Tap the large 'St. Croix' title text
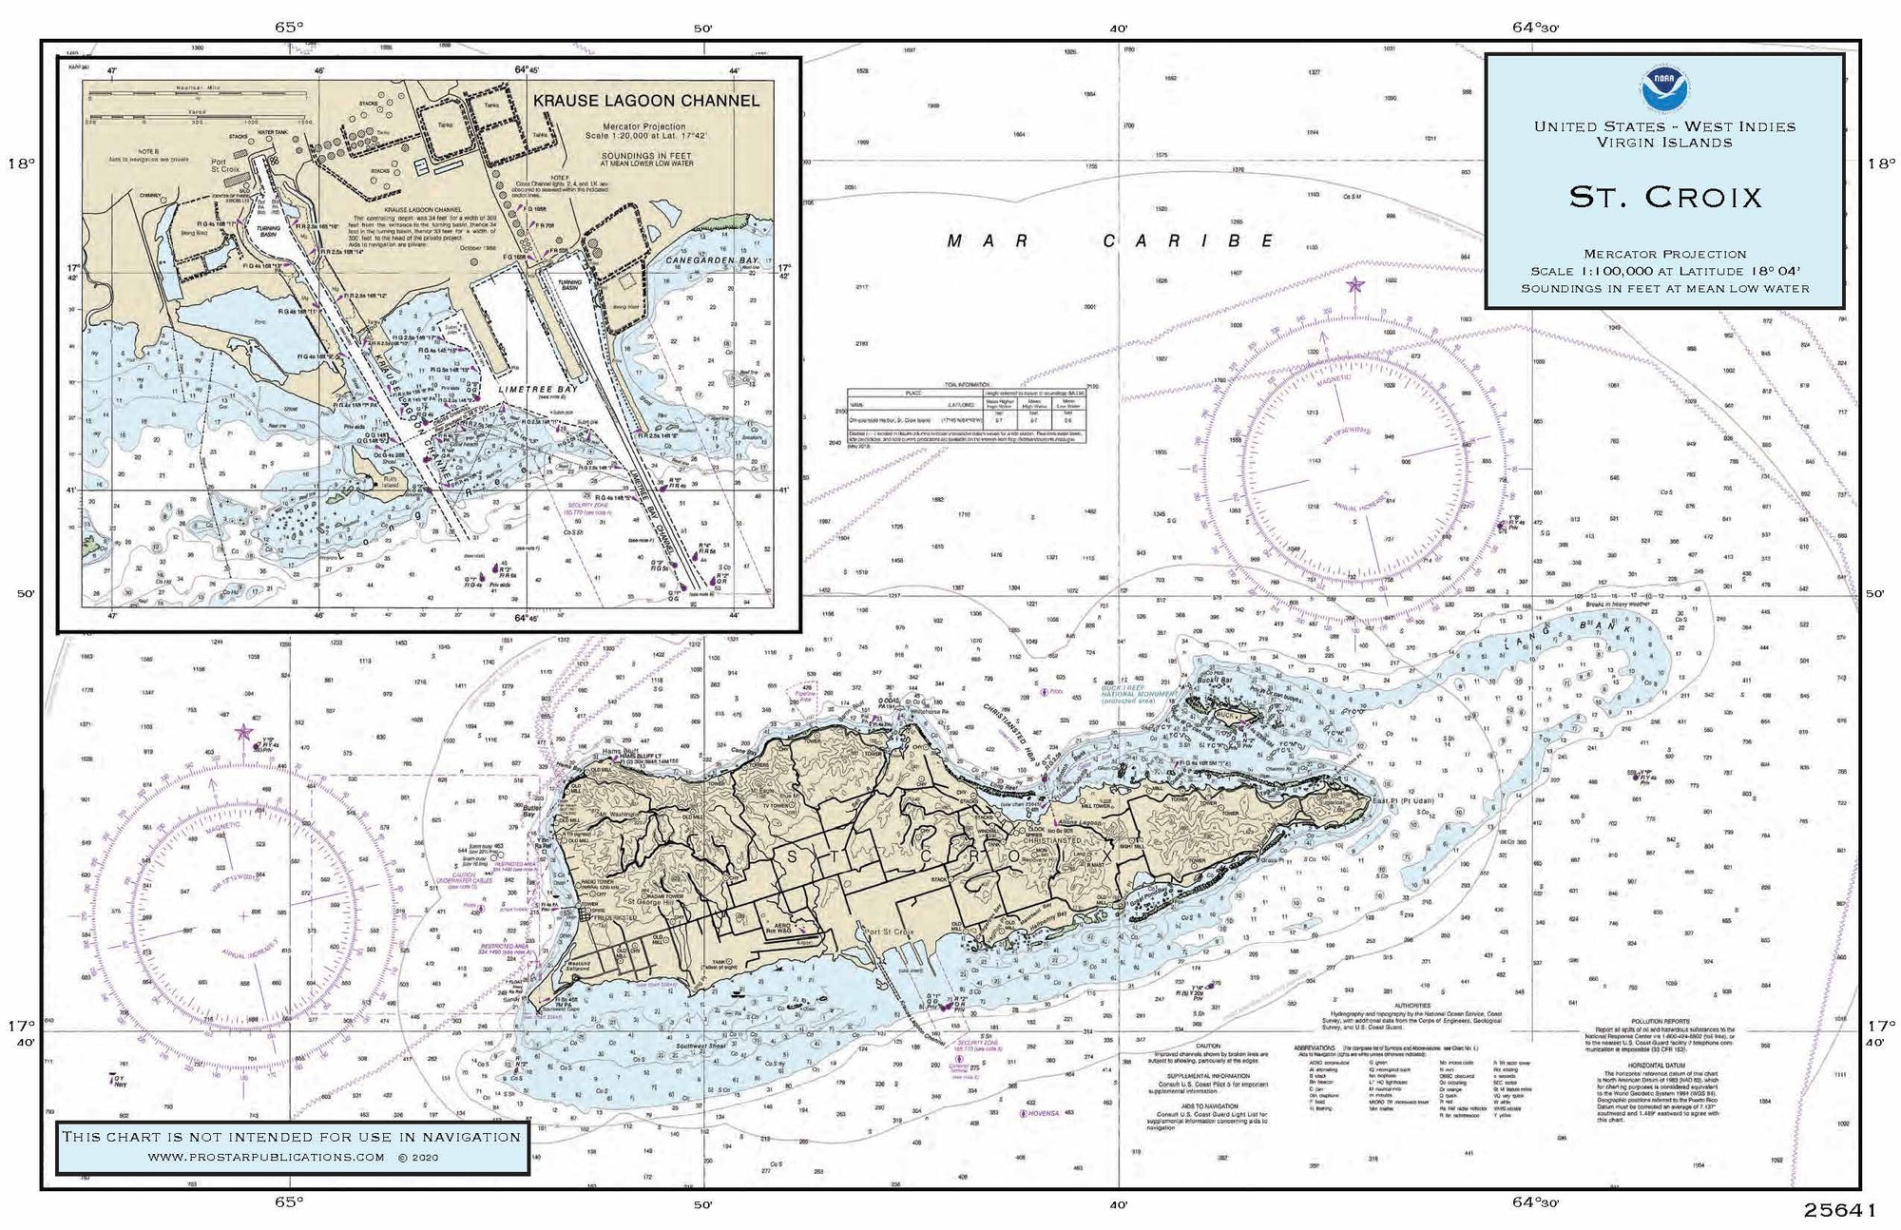pyautogui.click(x=1664, y=197)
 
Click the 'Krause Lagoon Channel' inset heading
pyautogui.click(x=646, y=101)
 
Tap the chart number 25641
pyautogui.click(x=1839, y=1210)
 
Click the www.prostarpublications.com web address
pyautogui.click(x=266, y=1157)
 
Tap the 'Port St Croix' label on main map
pyautogui.click(x=884, y=932)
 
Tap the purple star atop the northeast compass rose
pyautogui.click(x=1354, y=284)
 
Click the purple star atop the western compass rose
pyautogui.click(x=244, y=731)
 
